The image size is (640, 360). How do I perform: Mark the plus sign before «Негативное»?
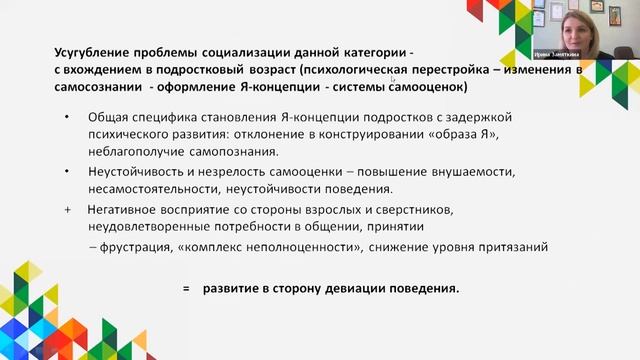tap(67, 210)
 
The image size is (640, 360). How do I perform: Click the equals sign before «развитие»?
tap(186, 289)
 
